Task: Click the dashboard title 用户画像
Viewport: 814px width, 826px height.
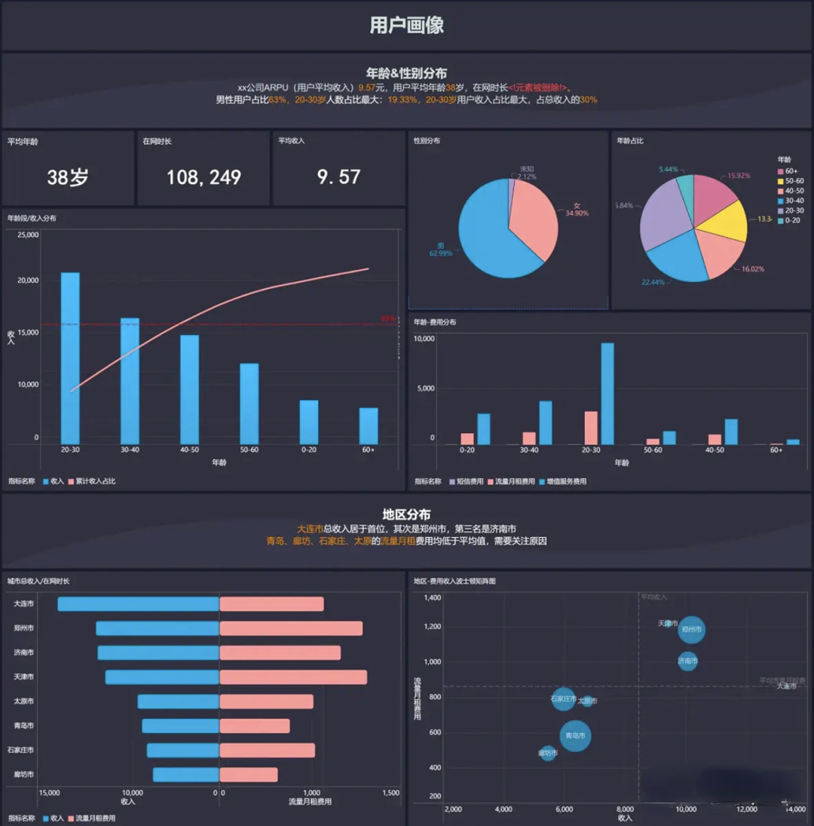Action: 406,25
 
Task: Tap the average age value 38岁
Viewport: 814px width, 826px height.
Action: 68,177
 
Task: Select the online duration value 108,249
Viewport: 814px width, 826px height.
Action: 203,177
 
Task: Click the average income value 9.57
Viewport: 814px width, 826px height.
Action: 338,177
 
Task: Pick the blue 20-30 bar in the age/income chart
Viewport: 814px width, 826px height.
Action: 70,358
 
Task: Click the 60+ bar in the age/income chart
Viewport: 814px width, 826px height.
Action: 369,426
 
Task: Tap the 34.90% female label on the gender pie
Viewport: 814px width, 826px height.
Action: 577,213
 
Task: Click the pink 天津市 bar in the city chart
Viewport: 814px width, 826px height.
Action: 293,677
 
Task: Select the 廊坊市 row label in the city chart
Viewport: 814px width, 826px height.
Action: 23,775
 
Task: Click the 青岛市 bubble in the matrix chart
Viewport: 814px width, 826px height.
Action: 575,735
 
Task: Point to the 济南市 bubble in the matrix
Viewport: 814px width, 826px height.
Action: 687,662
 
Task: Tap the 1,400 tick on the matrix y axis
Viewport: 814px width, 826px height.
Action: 433,597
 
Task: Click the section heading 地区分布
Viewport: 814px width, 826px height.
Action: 406,514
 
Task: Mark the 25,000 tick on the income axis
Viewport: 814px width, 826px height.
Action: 27,235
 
